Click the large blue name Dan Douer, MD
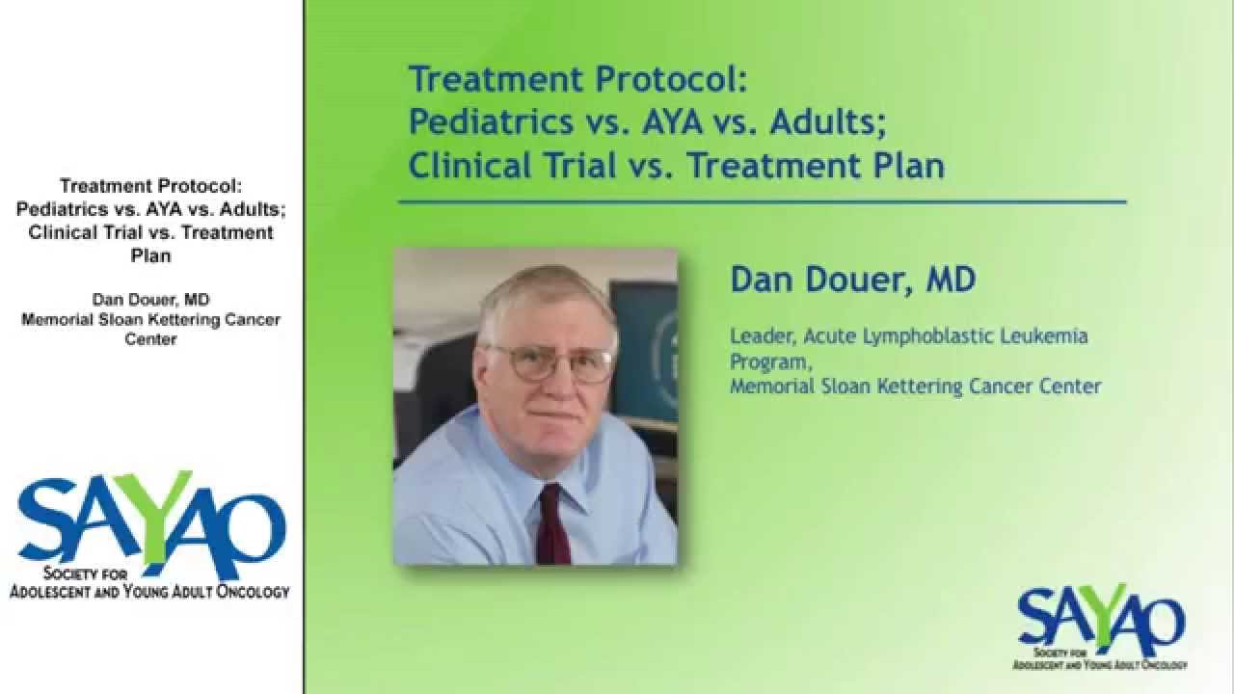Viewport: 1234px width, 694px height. click(x=852, y=280)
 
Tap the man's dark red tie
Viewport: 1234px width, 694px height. click(x=552, y=525)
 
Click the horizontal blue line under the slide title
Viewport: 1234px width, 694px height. click(x=762, y=202)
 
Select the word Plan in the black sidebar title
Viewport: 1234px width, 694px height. click(x=150, y=256)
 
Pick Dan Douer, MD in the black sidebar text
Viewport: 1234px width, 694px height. click(x=150, y=299)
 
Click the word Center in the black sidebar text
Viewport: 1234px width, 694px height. click(x=150, y=340)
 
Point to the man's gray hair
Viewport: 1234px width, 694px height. click(x=545, y=294)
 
